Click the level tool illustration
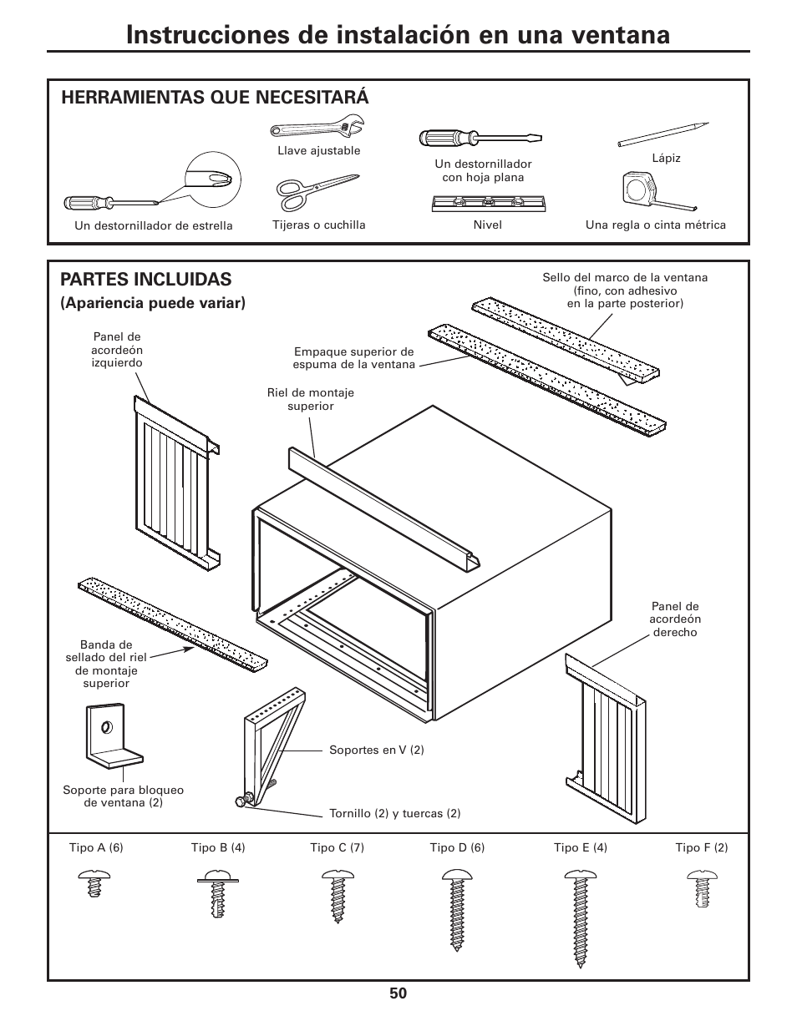(488, 202)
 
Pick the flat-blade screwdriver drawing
(479, 137)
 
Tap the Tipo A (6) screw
(95, 882)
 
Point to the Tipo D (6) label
(457, 847)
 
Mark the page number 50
(398, 993)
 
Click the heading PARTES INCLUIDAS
(146, 279)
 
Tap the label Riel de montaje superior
(310, 399)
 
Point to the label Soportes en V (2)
(376, 750)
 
